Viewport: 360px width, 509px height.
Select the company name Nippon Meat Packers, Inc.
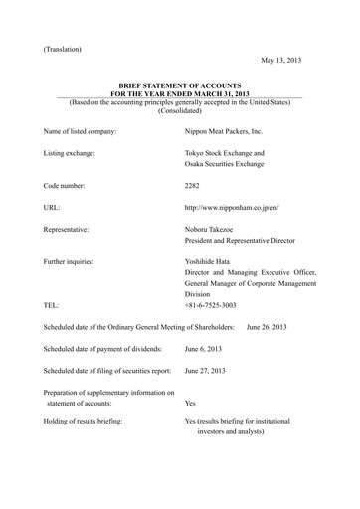[x=229, y=131]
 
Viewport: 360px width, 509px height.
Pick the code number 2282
[x=195, y=186]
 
